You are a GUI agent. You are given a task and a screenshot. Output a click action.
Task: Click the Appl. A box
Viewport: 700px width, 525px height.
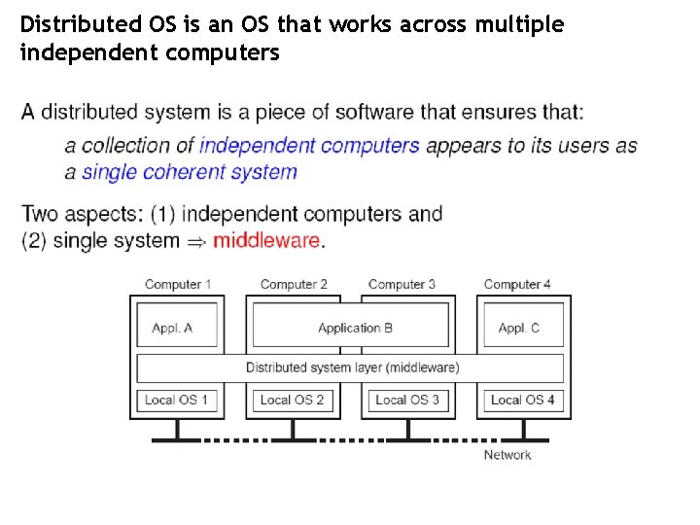pos(172,328)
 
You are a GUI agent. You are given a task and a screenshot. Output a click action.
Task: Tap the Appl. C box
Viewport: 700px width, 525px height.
pos(518,328)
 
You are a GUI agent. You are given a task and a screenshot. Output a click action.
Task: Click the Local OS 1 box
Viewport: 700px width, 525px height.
pos(176,400)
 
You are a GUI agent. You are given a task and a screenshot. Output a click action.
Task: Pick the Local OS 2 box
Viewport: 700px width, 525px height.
pos(292,400)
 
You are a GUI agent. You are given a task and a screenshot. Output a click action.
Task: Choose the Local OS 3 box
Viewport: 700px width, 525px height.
pos(407,400)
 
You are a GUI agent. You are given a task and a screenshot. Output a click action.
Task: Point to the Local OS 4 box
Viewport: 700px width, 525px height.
pos(522,400)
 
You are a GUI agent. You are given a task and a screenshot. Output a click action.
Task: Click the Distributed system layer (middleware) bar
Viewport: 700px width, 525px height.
pos(351,367)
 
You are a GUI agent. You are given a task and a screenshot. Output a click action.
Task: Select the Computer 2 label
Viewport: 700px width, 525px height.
pos(294,284)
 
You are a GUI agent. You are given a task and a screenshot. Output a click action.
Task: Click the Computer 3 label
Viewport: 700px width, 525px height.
pos(402,284)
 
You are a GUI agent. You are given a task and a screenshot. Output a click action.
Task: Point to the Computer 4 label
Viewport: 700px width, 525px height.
pos(517,284)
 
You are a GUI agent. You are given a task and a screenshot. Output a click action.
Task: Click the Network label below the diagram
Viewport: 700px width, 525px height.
pos(507,455)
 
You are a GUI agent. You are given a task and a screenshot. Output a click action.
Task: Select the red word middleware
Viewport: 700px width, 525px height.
pos(265,240)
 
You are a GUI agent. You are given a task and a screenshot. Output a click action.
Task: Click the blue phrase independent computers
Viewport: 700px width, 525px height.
pos(309,146)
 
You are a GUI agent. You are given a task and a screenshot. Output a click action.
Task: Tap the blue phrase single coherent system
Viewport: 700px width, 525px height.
pos(190,173)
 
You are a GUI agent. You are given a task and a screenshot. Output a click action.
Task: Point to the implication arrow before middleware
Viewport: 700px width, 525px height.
pos(196,241)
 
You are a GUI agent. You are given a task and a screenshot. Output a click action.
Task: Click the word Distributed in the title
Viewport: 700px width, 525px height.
pos(71,24)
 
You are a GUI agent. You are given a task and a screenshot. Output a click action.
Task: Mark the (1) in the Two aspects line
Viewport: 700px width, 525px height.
pos(162,214)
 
